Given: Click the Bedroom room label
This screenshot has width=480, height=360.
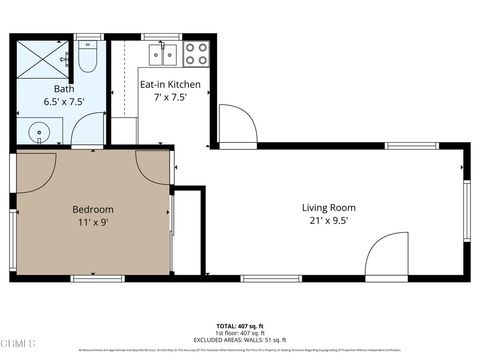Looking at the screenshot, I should (92, 209).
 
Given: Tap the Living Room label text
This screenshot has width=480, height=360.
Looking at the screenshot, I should (329, 208).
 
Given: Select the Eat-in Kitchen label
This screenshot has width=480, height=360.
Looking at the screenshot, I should (170, 84).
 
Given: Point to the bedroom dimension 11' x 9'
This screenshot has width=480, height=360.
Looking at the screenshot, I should (92, 223).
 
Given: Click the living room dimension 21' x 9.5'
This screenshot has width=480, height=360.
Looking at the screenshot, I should (329, 222).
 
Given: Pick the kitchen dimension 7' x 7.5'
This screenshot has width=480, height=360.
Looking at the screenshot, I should (170, 98).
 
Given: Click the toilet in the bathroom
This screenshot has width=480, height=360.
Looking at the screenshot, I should (87, 60).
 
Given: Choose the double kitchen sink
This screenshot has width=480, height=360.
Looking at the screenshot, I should (164, 53).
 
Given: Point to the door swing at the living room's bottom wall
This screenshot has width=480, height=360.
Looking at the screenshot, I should (385, 256).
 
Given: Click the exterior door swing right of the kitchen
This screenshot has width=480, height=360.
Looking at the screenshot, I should (237, 125).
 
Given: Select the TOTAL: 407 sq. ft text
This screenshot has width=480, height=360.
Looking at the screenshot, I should (239, 326).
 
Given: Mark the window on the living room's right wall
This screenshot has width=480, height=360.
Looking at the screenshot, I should (466, 209).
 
